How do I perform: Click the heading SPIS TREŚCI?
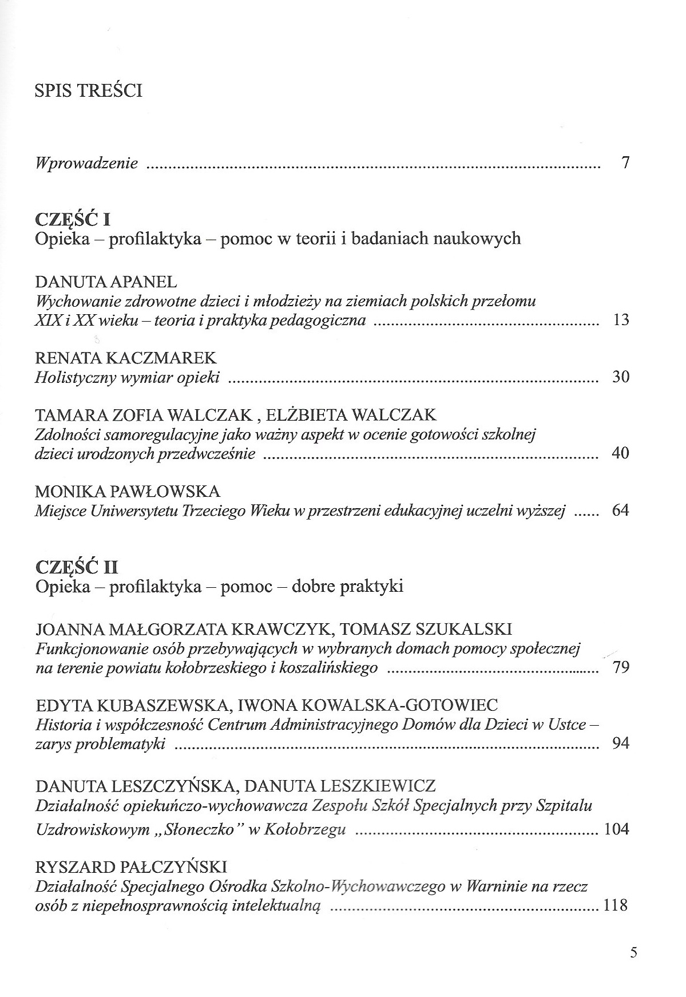point(88,91)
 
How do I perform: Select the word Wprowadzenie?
point(86,164)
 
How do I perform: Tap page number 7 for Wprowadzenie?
point(625,163)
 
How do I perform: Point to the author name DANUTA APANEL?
point(106,282)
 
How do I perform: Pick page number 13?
point(621,319)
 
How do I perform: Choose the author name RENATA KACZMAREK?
point(126,358)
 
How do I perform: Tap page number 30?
point(621,377)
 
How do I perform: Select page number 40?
point(621,453)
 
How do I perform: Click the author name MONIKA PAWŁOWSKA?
point(128,492)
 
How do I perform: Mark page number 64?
point(620,510)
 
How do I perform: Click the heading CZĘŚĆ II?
point(77,567)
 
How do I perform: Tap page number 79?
point(621,667)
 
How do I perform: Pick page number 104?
point(616,829)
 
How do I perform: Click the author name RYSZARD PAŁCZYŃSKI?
point(132,867)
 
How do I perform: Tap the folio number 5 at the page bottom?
point(633,953)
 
